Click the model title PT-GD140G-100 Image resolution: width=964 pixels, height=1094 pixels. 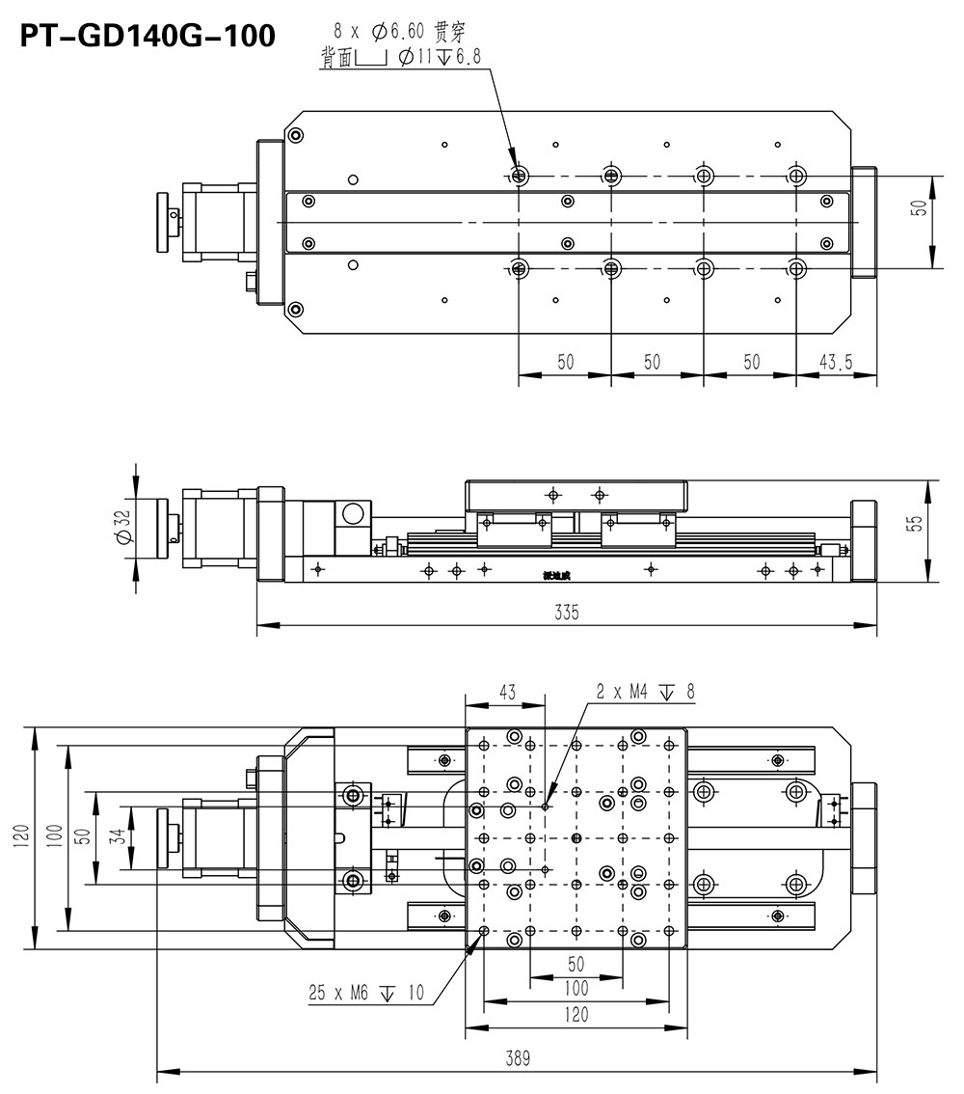tap(147, 36)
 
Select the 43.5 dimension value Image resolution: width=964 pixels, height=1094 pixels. tap(836, 362)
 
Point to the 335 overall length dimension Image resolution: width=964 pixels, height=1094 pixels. tap(567, 613)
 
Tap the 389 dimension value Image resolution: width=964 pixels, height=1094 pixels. tap(518, 1057)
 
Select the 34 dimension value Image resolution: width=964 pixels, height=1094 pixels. tap(117, 836)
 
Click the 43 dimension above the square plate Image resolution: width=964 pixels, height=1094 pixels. tap(506, 692)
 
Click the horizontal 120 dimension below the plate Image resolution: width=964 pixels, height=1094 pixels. tap(576, 1014)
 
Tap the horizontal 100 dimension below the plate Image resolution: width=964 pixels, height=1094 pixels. tap(576, 989)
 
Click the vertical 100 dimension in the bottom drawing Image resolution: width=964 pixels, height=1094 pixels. tap(55, 835)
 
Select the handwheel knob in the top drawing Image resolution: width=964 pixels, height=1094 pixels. tap(166, 222)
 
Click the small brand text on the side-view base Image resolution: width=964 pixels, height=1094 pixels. tap(556, 576)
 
